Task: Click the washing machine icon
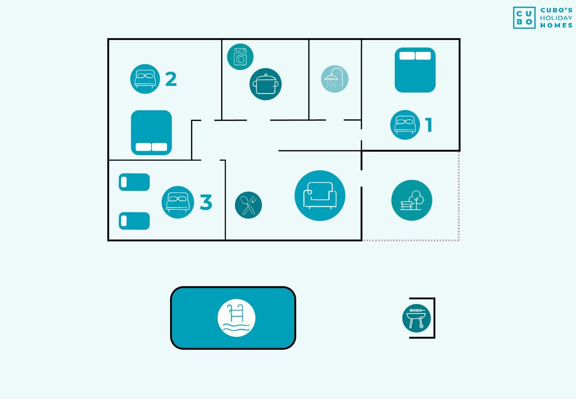tap(240, 57)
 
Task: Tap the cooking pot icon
tap(265, 84)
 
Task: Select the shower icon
tap(335, 79)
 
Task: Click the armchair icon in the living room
tap(320, 196)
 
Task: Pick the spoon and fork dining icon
tap(249, 205)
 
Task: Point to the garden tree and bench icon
tap(412, 200)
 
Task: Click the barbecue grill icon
tap(416, 318)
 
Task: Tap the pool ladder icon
tap(237, 318)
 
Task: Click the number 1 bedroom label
tap(428, 125)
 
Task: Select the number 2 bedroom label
tap(171, 79)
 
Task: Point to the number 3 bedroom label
tap(206, 203)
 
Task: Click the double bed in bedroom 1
tap(415, 70)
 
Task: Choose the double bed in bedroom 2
tap(152, 133)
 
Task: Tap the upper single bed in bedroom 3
tap(134, 182)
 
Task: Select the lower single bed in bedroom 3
tap(134, 221)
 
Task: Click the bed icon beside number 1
tap(405, 125)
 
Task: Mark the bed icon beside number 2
tap(145, 79)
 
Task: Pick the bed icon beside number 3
tap(178, 202)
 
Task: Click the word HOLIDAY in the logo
tap(556, 18)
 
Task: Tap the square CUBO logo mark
tap(524, 18)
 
